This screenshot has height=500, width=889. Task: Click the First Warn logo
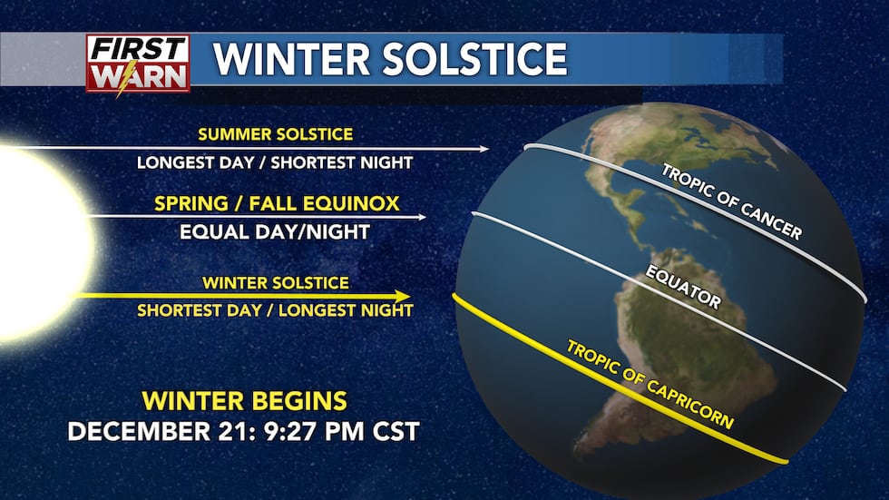click(138, 64)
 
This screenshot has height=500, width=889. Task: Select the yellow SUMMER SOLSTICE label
click(276, 134)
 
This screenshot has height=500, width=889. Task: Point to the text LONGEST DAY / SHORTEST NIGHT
click(275, 162)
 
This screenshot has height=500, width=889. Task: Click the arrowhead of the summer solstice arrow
click(484, 149)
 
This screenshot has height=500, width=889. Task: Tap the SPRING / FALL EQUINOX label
click(277, 203)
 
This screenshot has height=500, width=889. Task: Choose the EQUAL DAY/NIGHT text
click(275, 232)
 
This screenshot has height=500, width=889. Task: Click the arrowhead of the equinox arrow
click(422, 217)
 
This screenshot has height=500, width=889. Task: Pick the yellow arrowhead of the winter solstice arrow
click(403, 296)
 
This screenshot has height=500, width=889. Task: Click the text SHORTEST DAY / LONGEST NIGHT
click(275, 310)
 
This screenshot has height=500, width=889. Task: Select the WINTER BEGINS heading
click(244, 401)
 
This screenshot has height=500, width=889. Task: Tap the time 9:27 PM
click(314, 431)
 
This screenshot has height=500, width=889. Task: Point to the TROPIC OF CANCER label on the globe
click(732, 201)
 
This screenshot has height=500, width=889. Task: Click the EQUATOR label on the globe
click(683, 288)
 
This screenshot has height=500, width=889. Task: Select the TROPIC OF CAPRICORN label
click(650, 385)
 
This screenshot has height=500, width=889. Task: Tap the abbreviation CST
click(396, 431)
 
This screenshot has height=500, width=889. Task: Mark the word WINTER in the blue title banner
click(292, 59)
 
